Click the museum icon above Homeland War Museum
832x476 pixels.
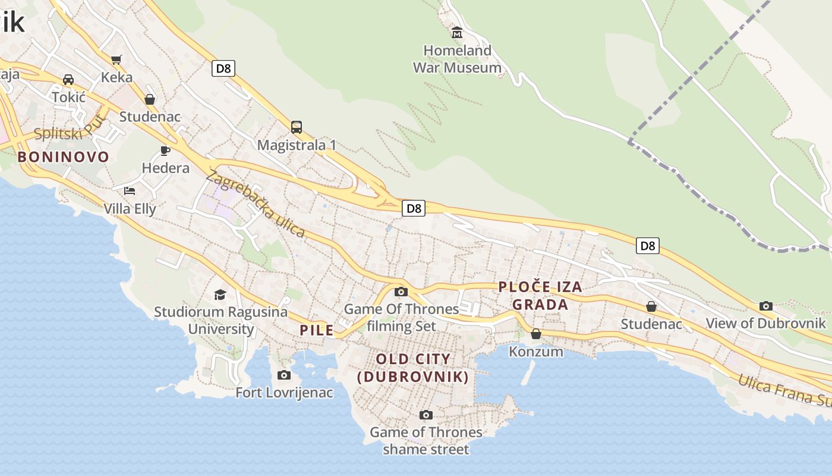tap(457, 32)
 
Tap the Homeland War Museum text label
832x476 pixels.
tap(457, 59)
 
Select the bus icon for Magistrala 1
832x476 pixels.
tap(297, 127)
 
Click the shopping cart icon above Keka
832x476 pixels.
tap(116, 59)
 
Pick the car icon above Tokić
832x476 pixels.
tap(68, 79)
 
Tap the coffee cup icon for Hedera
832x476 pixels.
tap(165, 151)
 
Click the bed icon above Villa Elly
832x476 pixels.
tap(130, 191)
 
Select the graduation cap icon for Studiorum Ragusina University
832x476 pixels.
tap(220, 295)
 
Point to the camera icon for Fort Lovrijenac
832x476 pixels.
tap(284, 375)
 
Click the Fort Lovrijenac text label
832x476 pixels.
tap(284, 393)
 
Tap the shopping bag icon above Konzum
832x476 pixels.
tap(536, 334)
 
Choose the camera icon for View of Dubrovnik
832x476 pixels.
tap(766, 306)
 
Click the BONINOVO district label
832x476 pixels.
tap(64, 157)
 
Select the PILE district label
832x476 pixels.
tap(317, 330)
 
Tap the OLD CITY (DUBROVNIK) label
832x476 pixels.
tap(413, 368)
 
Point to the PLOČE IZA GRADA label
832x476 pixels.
tap(540, 296)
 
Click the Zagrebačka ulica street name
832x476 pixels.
tap(256, 203)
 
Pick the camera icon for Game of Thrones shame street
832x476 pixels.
tap(426, 415)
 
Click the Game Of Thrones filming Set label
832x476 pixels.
tap(402, 317)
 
